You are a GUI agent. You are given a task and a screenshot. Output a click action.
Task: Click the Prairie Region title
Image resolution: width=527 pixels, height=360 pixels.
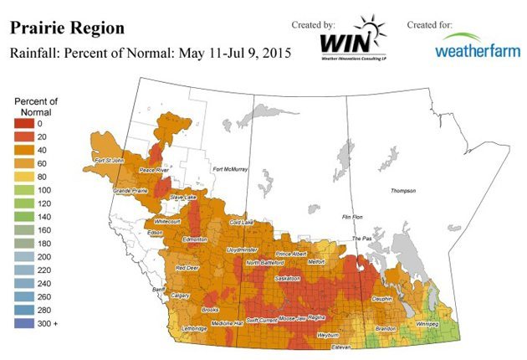tap(66, 28)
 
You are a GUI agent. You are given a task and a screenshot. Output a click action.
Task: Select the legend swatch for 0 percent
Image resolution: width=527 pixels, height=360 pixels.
tap(26, 123)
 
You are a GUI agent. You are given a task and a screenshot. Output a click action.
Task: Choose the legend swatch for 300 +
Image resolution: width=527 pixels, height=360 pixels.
tap(26, 323)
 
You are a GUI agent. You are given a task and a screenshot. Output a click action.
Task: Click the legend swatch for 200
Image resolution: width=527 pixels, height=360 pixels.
tap(26, 257)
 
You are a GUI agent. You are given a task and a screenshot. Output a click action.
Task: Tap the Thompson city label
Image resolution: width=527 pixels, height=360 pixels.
tap(402, 190)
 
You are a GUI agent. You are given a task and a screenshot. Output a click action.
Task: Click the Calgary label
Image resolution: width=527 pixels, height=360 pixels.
tap(182, 296)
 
